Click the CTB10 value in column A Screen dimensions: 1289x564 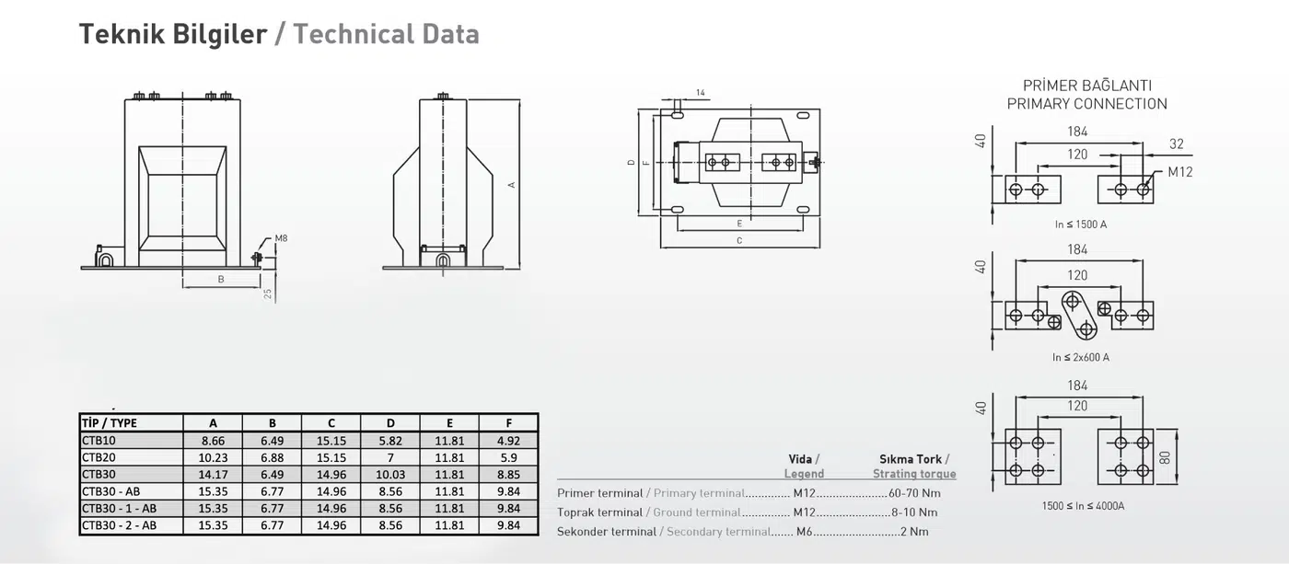point(213,441)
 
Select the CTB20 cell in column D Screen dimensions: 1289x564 point(390,457)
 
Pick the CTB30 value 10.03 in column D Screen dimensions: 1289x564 point(390,475)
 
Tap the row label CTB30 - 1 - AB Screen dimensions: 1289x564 point(119,508)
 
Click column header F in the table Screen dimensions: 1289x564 point(508,423)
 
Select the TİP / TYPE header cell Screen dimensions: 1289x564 point(110,423)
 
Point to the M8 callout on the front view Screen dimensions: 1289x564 point(281,238)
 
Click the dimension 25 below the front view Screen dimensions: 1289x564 point(268,294)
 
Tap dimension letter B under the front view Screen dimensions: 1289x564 point(221,280)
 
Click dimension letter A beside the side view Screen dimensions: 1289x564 point(511,185)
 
